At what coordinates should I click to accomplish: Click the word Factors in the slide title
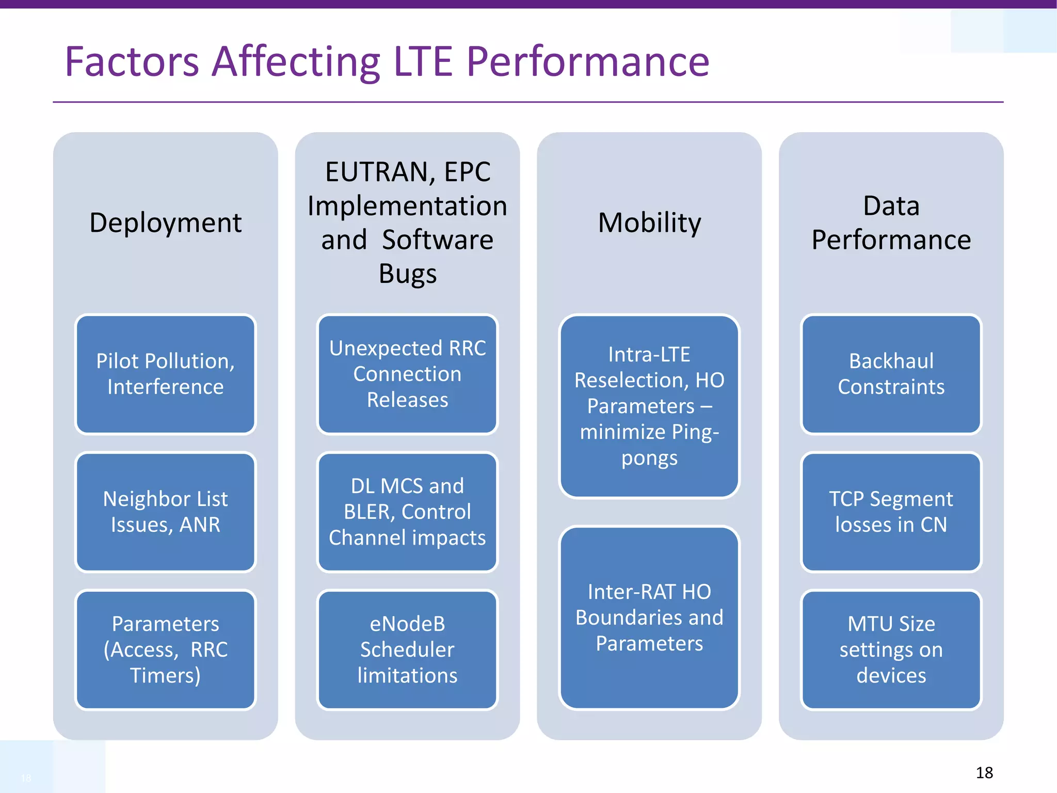coord(132,62)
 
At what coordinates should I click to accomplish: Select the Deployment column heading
coord(165,223)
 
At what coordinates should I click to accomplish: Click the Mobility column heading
coord(649,223)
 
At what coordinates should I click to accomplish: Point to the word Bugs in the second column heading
coord(407,274)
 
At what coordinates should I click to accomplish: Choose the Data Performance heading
coord(891,223)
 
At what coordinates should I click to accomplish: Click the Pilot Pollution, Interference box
coord(165,374)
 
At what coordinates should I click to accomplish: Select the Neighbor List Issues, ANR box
coord(165,512)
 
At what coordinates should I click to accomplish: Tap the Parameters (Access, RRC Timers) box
coord(165,649)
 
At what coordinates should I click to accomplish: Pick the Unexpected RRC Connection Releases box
coord(407,374)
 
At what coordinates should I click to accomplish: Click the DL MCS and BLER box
coord(407,512)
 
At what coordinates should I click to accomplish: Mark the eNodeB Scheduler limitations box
coord(407,649)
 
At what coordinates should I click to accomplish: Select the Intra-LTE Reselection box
coord(649,406)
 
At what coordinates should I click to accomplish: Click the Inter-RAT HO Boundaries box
coord(649,617)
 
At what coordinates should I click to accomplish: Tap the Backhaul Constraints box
coord(891,374)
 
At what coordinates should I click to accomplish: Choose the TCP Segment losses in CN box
coord(891,512)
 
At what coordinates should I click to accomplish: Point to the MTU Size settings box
coord(891,649)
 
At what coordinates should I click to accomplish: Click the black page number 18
coord(984,773)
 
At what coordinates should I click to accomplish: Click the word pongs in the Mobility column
coord(649,458)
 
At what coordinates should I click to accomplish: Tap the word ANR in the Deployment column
coord(200,525)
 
